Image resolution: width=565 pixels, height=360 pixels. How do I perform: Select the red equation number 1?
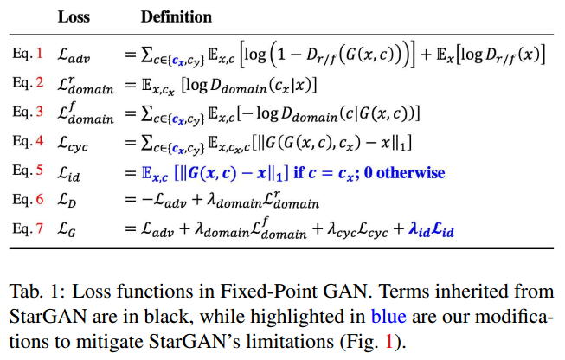coord(37,55)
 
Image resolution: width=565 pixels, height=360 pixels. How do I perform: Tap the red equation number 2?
coord(37,84)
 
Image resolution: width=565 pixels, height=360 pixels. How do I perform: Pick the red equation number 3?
coord(37,113)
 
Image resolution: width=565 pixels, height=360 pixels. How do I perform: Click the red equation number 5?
coord(37,172)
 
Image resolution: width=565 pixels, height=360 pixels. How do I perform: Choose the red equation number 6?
coord(37,202)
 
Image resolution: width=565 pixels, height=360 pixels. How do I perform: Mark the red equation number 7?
coord(37,231)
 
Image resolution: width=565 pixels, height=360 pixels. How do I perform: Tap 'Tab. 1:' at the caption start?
coord(34,291)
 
